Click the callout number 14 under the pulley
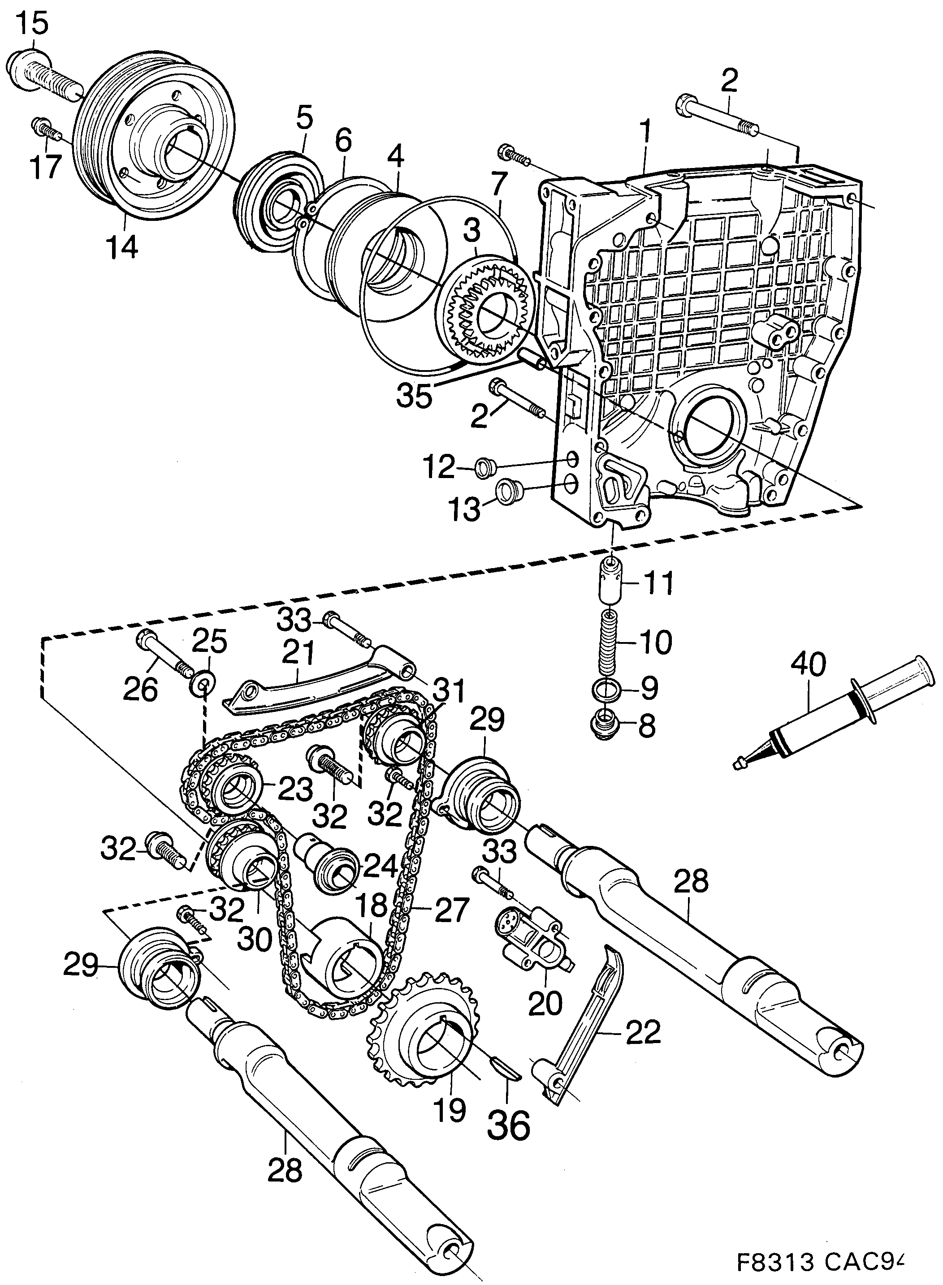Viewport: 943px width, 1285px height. point(121,246)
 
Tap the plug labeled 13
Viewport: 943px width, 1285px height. point(507,492)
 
